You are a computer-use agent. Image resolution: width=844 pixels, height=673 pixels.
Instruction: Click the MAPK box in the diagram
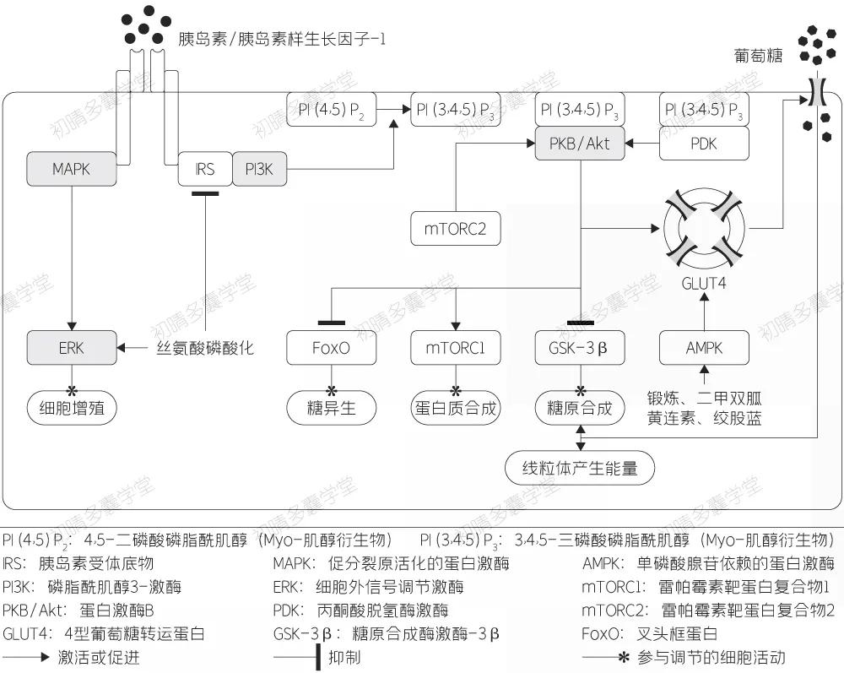click(x=71, y=169)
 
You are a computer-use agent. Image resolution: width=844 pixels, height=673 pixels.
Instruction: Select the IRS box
click(x=204, y=169)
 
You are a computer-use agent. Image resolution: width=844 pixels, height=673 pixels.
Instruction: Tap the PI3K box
click(x=259, y=169)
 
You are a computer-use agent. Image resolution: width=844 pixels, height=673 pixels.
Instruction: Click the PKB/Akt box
click(x=579, y=144)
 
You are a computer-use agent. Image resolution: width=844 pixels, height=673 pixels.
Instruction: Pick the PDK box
click(x=704, y=144)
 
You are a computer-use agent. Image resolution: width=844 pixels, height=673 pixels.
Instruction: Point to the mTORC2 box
click(x=456, y=228)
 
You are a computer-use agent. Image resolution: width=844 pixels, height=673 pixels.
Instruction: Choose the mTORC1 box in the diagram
click(x=456, y=347)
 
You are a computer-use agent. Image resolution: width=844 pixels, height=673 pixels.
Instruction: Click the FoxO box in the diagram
click(x=331, y=347)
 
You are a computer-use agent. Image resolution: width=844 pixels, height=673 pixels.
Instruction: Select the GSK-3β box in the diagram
click(x=579, y=347)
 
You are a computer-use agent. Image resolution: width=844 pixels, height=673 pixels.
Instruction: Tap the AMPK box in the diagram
click(x=704, y=347)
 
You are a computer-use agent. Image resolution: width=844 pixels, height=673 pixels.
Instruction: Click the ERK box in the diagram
click(x=71, y=347)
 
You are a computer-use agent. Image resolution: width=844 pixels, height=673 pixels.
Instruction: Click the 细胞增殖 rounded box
click(x=71, y=409)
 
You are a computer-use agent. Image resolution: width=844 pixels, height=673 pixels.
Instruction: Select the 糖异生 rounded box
click(x=331, y=409)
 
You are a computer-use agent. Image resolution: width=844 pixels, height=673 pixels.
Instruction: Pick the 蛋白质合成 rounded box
click(x=456, y=409)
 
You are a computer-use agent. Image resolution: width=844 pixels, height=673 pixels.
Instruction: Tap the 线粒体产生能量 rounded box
click(x=579, y=468)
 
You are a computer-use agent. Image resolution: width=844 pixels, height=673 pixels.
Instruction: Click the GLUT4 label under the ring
click(x=704, y=283)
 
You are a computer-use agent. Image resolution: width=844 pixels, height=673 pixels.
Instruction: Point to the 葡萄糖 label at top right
click(x=759, y=57)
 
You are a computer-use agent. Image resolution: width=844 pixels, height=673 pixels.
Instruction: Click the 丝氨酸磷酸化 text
click(x=205, y=347)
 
